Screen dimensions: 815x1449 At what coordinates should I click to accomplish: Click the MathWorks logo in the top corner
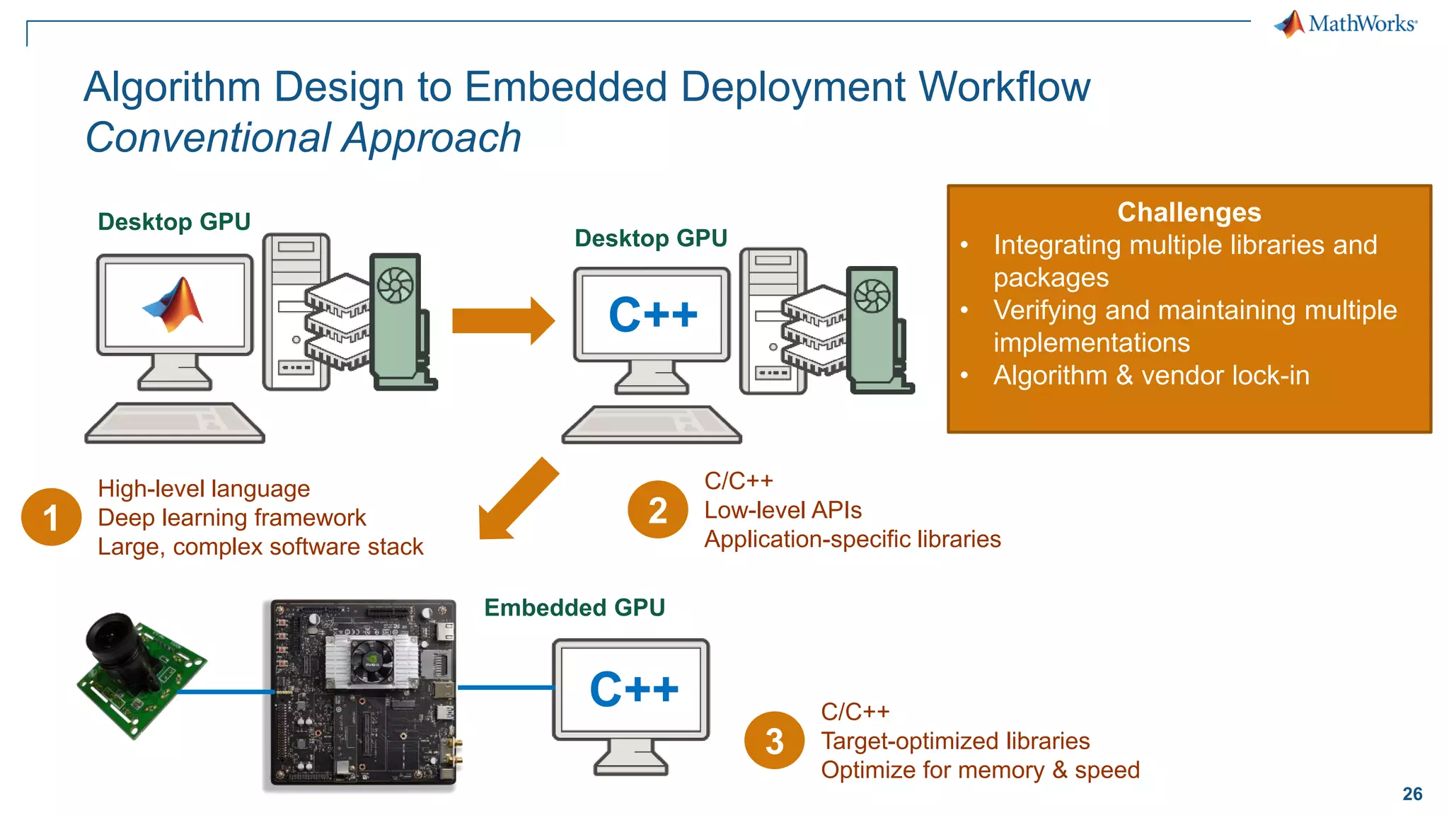point(1346,24)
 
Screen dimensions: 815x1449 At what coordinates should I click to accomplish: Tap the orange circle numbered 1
point(51,517)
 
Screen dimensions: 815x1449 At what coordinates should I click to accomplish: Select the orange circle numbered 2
point(657,509)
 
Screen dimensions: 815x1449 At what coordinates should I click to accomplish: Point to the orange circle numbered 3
point(774,740)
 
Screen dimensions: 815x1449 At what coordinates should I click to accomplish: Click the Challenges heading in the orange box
point(1189,212)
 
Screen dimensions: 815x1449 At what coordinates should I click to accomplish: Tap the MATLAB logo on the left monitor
point(175,304)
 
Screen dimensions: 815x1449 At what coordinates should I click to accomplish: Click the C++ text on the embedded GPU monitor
point(633,689)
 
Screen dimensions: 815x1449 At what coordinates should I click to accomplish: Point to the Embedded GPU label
point(574,608)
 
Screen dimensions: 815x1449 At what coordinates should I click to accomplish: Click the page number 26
point(1412,794)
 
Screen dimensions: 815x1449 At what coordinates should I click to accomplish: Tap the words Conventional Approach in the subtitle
point(303,137)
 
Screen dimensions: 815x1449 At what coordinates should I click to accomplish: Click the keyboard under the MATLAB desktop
point(175,423)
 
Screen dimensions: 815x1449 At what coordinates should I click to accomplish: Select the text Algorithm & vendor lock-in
point(1150,376)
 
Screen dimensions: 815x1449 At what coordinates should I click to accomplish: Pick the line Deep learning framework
point(231,518)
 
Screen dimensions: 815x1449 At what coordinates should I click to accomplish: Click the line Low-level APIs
point(783,510)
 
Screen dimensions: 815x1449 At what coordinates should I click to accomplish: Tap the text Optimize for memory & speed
point(980,770)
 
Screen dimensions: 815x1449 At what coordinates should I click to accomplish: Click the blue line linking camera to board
point(225,691)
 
